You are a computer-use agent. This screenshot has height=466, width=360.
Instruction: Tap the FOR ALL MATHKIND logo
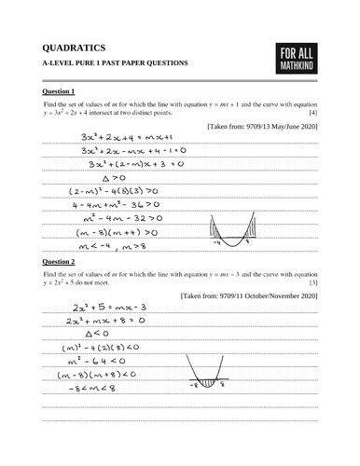pos(298,59)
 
